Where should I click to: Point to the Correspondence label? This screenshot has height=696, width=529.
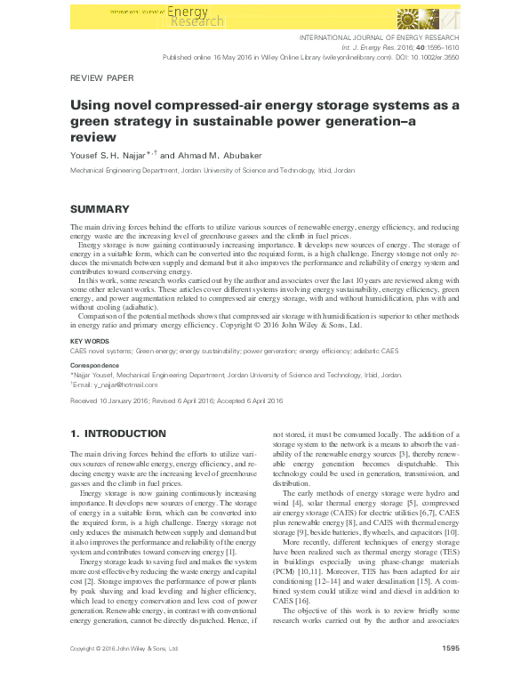[x=94, y=366]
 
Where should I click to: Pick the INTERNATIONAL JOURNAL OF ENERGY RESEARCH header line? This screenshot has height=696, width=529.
[x=380, y=37]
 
